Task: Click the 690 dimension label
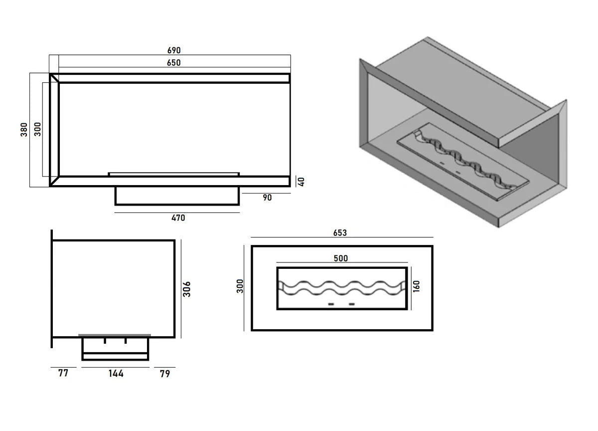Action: [173, 50]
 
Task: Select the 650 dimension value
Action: [173, 63]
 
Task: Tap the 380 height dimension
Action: [24, 130]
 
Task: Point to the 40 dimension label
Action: [300, 182]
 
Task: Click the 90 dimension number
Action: [267, 198]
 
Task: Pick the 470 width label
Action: [177, 217]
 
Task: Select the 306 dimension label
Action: [187, 289]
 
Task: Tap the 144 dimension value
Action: [116, 373]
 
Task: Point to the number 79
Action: [164, 373]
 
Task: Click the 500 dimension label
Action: [341, 258]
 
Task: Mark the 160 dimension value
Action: [417, 286]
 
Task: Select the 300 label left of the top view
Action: [240, 286]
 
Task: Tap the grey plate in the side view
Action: [115, 335]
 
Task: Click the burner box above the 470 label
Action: [177, 196]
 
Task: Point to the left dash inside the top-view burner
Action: [330, 304]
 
